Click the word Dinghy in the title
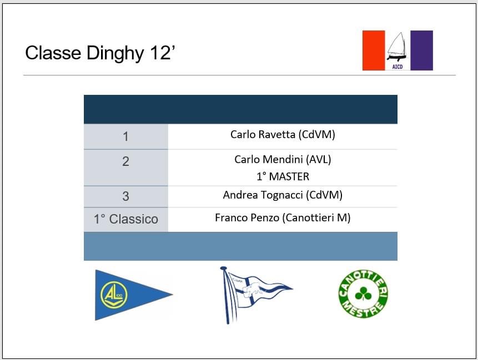pos(115,54)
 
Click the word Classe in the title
pos(53,53)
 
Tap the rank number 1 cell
pos(125,136)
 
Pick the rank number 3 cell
pos(125,196)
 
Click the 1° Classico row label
pos(125,219)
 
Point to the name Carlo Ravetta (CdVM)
pos(283,134)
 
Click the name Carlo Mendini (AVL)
pos(283,159)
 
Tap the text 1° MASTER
pos(283,176)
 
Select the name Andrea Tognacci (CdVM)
pos(283,195)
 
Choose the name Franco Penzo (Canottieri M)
pos(283,218)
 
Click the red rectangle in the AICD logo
pos(374,50)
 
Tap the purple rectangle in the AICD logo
pos(421,50)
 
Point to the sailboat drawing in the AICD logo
pos(397,47)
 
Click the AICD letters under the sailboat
pos(397,67)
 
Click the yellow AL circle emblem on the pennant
pos(114,295)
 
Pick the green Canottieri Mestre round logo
pos(363,293)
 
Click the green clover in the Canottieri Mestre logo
pos(363,293)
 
